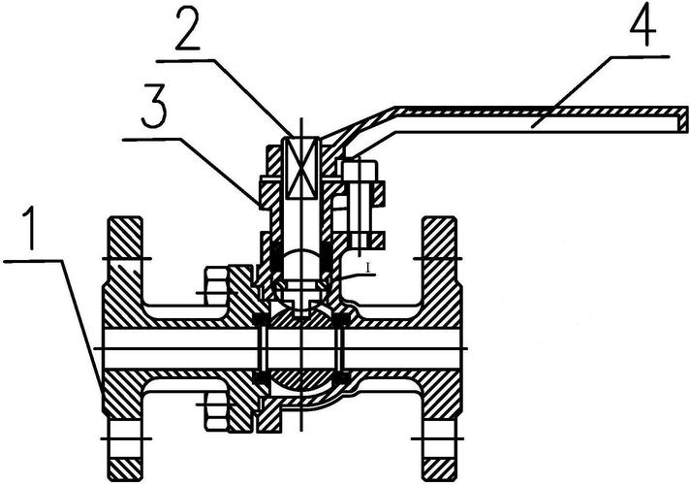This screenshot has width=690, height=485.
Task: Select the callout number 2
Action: point(188,28)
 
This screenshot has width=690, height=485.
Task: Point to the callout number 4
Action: point(643,24)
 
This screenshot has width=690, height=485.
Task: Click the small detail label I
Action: point(368,268)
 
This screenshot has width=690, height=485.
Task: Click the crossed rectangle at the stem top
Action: point(301,168)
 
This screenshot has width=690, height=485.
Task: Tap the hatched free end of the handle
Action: point(682,120)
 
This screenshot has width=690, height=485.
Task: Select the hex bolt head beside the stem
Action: point(360,170)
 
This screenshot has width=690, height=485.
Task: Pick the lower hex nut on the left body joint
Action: point(216,411)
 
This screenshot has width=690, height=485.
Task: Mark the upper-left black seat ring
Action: point(261,319)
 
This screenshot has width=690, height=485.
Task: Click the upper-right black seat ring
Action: point(341,319)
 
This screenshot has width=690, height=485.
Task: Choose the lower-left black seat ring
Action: point(261,377)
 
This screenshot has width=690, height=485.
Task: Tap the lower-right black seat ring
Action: point(341,377)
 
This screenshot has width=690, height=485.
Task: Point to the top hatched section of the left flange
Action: point(125,237)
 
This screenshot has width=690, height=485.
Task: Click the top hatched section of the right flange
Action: point(439,237)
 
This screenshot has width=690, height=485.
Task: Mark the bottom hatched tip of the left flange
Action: point(125,469)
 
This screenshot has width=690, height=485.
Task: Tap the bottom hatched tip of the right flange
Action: point(439,469)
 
